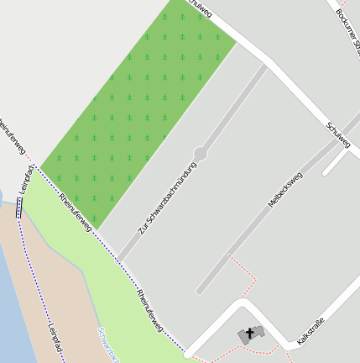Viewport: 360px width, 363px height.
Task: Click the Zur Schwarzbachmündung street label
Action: click(x=167, y=197)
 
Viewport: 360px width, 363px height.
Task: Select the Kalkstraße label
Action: click(x=310, y=328)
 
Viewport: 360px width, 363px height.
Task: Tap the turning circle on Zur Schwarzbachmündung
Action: click(x=200, y=154)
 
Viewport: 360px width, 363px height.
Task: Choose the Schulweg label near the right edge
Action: click(x=338, y=134)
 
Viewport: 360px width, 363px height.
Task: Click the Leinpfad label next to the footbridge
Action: click(x=25, y=181)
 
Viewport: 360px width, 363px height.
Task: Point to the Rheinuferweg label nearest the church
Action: click(x=151, y=310)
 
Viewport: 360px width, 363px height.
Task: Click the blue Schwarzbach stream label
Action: click(x=107, y=345)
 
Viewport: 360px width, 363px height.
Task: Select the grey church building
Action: click(x=250, y=335)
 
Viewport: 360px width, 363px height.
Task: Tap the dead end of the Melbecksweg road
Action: click(x=200, y=292)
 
